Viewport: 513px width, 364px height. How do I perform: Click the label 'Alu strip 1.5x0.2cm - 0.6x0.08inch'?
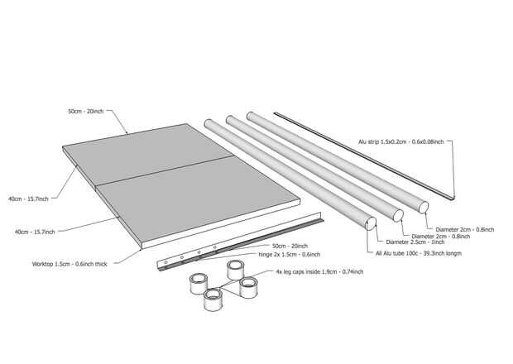[400, 142]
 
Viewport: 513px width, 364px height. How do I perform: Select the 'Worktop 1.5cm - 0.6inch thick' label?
[70, 264]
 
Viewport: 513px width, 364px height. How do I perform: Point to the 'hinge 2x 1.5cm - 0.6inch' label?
[290, 255]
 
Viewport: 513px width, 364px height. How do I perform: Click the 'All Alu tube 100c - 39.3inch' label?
[419, 253]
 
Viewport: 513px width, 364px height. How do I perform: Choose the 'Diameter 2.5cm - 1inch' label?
[415, 242]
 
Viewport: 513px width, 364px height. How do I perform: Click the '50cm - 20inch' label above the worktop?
[86, 111]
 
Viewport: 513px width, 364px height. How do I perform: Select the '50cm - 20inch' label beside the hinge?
[290, 246]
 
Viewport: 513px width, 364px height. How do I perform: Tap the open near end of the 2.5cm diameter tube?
[371, 223]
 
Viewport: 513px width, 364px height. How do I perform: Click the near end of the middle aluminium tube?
[398, 216]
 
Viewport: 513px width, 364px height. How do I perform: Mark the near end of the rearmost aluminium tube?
[424, 208]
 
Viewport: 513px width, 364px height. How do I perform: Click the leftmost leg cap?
[199, 284]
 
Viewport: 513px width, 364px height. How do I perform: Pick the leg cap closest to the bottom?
[213, 299]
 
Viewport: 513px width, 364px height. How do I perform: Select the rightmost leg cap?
[248, 287]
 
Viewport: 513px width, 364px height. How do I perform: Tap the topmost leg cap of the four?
[235, 270]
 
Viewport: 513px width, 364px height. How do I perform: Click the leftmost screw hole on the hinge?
[165, 262]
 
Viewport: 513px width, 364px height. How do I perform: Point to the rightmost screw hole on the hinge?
[215, 247]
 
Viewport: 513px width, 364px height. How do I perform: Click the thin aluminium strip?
[364, 156]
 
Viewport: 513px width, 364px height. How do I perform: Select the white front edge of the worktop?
[221, 224]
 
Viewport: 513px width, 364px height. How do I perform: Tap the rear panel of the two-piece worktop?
[147, 154]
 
